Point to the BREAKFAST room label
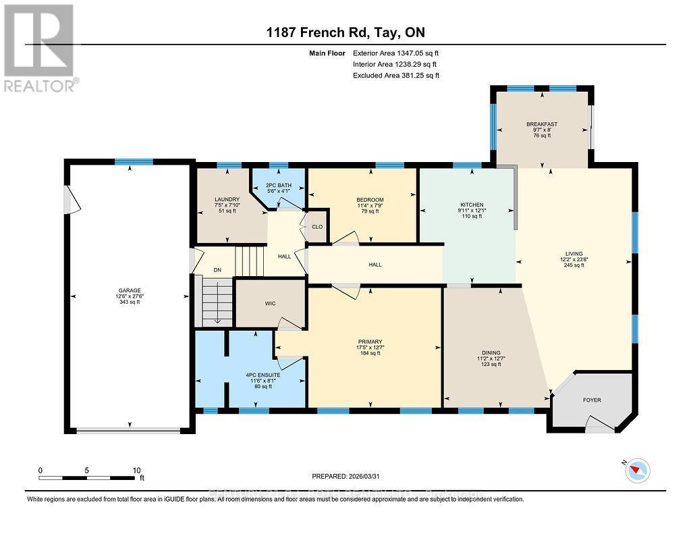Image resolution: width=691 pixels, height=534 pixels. pos(542,124)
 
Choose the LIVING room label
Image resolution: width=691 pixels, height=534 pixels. pos(574,254)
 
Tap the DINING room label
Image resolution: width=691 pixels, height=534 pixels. pos(491,352)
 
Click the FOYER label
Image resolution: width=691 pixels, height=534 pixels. pos(592,400)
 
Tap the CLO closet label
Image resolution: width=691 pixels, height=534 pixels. pos(317,228)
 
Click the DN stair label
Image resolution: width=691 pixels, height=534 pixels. pos(217,270)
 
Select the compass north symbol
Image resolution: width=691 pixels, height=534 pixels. pos(636,470)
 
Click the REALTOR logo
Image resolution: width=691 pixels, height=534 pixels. pos(40,48)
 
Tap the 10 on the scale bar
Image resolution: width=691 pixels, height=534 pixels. pos(136,471)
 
